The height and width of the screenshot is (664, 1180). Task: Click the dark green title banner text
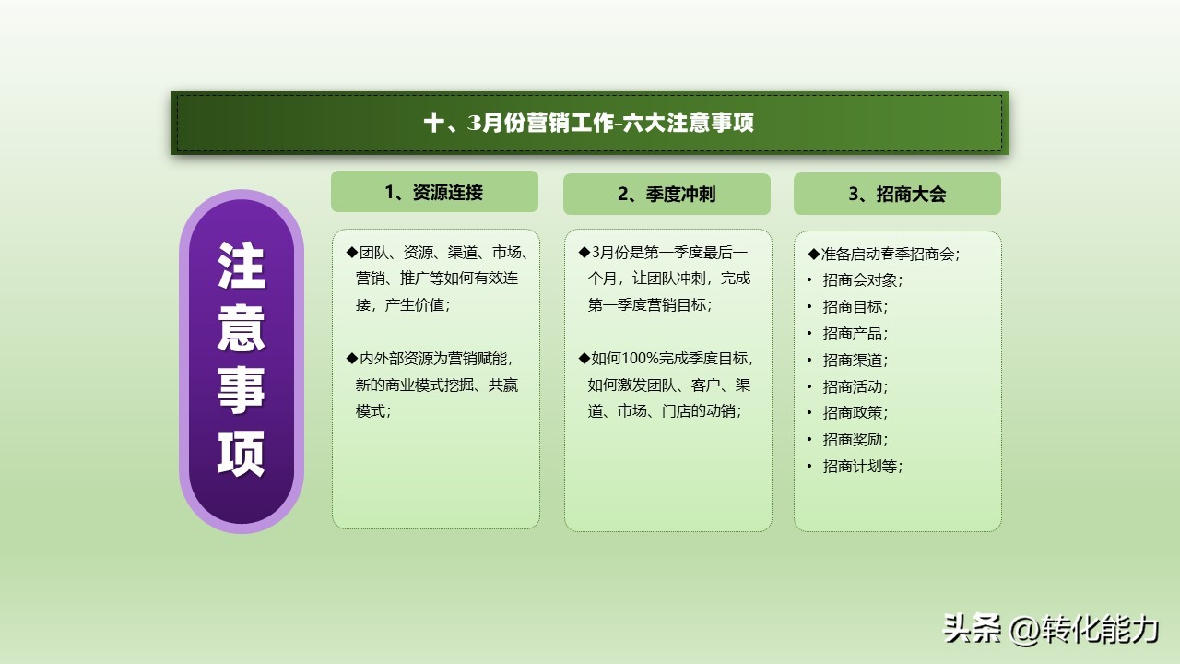pos(588,123)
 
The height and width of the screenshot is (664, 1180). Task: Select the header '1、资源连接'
pos(434,193)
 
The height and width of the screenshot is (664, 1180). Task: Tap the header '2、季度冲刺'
pos(667,195)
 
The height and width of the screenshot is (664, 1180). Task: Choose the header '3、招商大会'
pos(897,195)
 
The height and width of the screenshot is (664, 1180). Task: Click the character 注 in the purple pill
pos(242,266)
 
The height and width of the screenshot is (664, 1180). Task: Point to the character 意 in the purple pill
pos(242,328)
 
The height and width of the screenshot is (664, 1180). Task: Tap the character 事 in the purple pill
pos(242,390)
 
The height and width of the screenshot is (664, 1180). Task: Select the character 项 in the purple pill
pos(242,454)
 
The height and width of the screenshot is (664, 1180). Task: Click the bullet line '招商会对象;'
pos(862,280)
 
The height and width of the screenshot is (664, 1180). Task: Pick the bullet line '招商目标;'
pos(855,307)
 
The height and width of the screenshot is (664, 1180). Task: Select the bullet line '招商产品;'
pos(855,334)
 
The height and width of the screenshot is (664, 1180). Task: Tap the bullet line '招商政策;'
pos(855,412)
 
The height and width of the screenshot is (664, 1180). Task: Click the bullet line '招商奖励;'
pos(855,440)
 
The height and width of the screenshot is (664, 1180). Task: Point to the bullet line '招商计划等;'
pos(862,467)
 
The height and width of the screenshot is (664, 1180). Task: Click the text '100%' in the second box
pos(640,359)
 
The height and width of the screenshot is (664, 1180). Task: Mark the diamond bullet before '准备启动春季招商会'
pos(813,255)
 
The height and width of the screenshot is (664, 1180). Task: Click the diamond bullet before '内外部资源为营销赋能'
pos(352,359)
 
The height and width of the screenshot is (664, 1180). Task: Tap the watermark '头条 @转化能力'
pos(1050,629)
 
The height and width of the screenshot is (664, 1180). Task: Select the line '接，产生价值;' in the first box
pos(403,305)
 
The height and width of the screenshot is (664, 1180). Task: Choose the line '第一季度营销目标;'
pos(650,305)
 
